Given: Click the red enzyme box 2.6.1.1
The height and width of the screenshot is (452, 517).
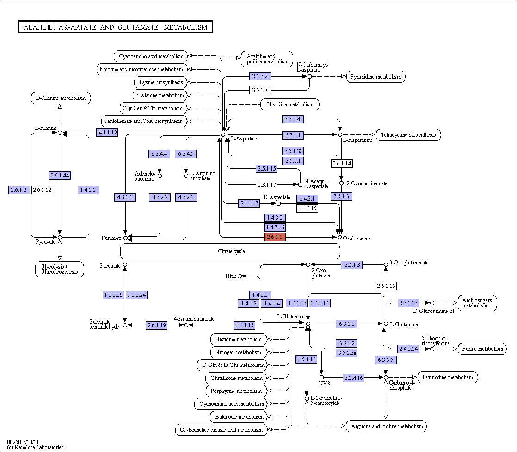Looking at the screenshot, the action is tap(275, 237).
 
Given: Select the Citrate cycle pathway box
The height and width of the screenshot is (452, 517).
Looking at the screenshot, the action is tap(230, 251).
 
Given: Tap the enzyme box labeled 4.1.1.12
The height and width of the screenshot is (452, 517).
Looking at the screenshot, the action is tap(107, 133).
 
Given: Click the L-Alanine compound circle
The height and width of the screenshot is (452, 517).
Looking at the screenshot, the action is tap(60, 133).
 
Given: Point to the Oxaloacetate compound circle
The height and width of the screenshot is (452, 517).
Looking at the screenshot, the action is tap(339, 237).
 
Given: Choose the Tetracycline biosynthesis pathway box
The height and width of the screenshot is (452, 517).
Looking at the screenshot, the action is tap(408, 135).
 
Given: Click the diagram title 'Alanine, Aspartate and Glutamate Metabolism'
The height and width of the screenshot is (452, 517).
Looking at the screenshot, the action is tap(116, 27).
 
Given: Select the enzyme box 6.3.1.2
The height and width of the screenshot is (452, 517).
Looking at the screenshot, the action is tap(346, 324).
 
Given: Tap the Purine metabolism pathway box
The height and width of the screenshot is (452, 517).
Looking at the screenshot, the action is tap(482, 349).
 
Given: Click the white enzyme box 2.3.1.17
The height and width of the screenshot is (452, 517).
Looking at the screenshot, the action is tap(266, 185).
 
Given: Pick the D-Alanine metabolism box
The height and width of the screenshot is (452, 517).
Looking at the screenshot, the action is tap(61, 98).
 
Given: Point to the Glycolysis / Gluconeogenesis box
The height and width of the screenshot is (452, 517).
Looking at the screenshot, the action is tap(59, 269).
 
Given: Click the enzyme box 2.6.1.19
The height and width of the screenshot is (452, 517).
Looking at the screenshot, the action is tap(157, 325).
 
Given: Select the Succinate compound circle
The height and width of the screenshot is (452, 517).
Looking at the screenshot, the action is tap(125, 265).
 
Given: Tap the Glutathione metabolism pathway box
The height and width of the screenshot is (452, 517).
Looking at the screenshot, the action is tap(236, 378).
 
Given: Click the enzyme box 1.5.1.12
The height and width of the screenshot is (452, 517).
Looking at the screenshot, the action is tap(306, 360).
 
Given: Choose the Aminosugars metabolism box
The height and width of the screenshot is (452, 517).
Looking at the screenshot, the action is tap(477, 303).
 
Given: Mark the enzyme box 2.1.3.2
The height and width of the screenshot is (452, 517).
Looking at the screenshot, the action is tap(260, 76).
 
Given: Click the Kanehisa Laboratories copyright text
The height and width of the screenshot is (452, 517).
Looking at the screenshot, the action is tap(35, 447).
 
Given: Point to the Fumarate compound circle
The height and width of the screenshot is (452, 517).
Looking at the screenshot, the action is tap(125, 238).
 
